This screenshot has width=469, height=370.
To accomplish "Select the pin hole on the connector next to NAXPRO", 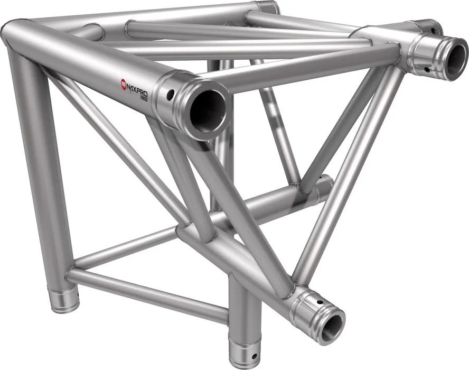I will coord(171,96).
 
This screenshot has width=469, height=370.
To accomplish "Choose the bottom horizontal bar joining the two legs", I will coord(148,293).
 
